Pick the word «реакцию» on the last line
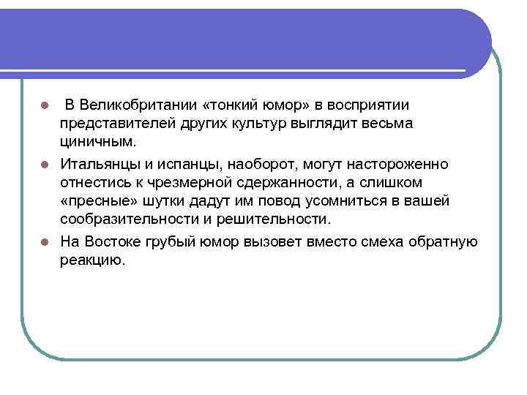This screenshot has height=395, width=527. [x=93, y=260]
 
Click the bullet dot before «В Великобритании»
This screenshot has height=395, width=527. [x=45, y=105]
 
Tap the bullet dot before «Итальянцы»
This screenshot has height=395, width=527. [x=45, y=164]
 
